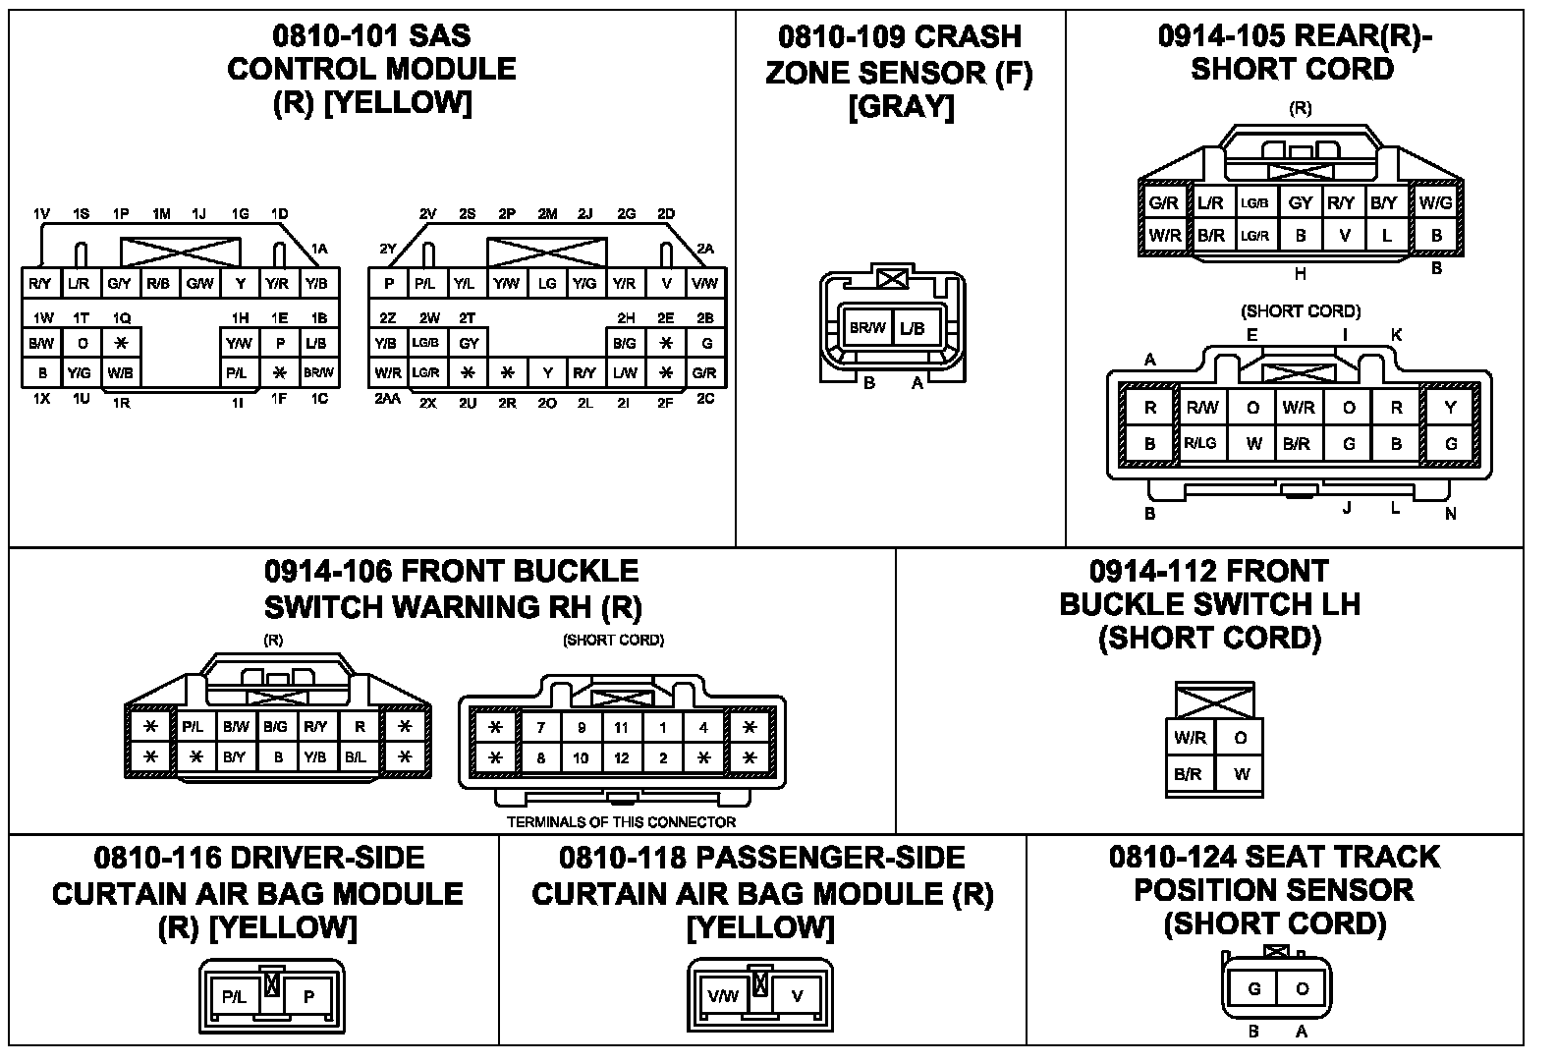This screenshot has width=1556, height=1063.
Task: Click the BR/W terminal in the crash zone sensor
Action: [867, 328]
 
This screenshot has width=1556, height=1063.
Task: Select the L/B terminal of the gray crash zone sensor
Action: [912, 328]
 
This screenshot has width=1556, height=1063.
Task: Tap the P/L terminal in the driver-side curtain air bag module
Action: [234, 996]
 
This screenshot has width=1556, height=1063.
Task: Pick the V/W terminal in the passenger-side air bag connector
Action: [722, 996]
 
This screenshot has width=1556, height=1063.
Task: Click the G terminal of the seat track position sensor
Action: [1253, 988]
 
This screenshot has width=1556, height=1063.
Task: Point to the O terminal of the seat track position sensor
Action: [1302, 988]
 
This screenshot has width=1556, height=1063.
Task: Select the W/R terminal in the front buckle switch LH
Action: [1190, 737]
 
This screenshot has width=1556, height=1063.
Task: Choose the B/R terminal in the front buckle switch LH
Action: [1189, 774]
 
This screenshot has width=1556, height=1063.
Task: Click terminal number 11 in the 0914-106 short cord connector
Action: [621, 728]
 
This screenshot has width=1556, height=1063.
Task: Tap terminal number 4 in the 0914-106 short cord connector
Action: [703, 728]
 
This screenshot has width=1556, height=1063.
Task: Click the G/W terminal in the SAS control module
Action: [199, 284]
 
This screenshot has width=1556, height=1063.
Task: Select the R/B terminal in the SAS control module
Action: [158, 284]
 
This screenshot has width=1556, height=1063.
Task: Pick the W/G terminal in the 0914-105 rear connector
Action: [1436, 203]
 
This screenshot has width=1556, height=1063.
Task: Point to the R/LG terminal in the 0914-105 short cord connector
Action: [1199, 443]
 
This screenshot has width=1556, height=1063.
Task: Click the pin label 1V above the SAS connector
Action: [41, 214]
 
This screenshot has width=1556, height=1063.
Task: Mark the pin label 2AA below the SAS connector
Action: [388, 401]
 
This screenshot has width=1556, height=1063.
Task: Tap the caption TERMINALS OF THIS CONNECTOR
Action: [621, 822]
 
